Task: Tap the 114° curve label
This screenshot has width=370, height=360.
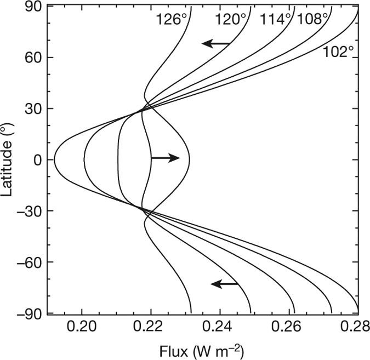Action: click(276, 20)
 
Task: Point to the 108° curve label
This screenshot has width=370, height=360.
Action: click(313, 20)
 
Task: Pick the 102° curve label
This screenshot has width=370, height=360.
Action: click(339, 52)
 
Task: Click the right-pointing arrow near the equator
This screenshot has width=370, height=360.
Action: click(165, 158)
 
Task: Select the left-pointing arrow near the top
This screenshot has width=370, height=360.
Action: click(216, 43)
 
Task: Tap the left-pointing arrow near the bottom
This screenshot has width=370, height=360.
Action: click(225, 283)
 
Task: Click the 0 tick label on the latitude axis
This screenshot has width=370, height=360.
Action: click(37, 159)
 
